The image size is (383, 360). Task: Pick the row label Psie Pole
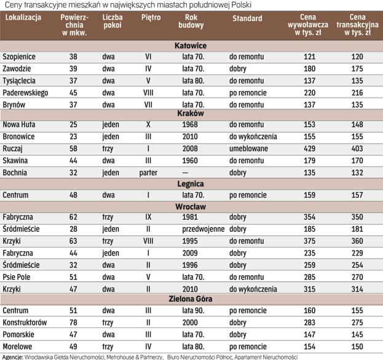pos(17,277)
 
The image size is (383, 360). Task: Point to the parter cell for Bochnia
pos(148,173)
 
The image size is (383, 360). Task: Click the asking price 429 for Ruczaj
pos(310,148)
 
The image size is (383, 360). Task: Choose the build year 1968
pos(190,124)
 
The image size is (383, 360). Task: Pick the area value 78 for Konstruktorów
pos(73,322)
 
